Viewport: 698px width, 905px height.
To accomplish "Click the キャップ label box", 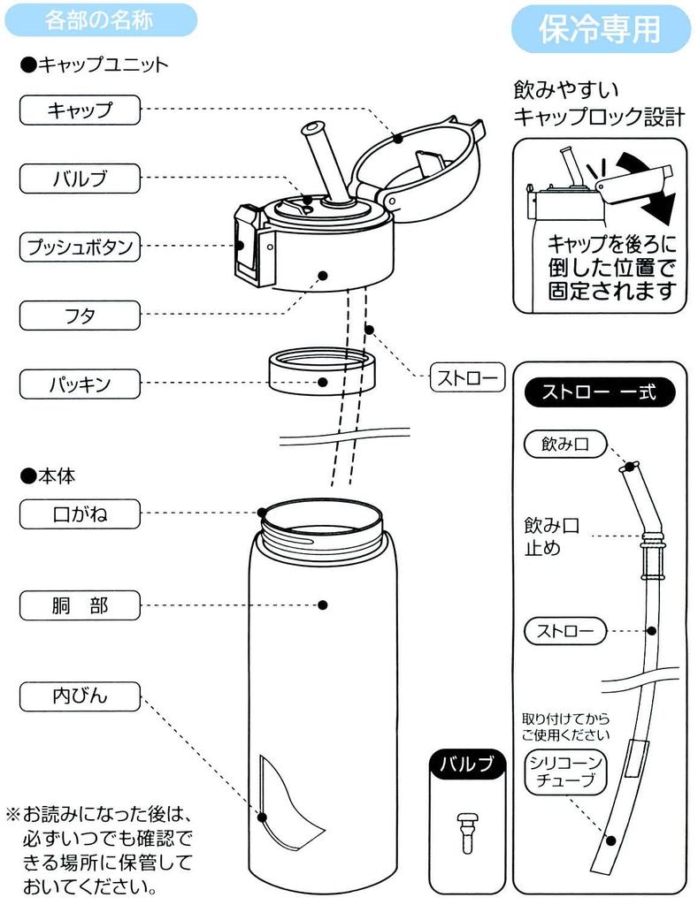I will (80, 110).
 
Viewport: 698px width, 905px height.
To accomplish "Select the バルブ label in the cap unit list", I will (80, 179).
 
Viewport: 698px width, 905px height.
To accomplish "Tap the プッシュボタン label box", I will (80, 247).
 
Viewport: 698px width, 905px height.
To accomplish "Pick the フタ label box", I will (80, 316).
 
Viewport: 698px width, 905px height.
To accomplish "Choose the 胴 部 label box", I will (80, 606).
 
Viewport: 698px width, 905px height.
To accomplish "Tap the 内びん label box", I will (80, 696).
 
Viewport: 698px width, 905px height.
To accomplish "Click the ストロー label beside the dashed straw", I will (466, 377).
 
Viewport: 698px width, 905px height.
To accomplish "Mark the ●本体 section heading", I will (49, 475).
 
